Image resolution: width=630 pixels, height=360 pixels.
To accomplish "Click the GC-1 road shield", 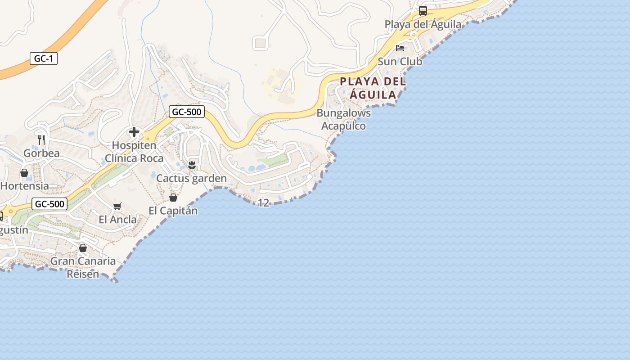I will pos(44,58).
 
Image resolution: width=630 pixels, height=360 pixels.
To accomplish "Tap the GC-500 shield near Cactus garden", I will pos(187,112).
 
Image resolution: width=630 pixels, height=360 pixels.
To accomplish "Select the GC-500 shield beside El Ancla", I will pos(49,204).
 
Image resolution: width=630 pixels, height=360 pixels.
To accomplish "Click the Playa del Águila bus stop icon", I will pos(423,11).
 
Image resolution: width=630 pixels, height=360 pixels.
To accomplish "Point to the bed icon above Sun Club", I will pos(400,48).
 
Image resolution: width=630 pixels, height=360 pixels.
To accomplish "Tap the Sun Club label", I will pos(400,61).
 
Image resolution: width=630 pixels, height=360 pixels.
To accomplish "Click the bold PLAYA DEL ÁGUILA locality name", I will pos(373,88).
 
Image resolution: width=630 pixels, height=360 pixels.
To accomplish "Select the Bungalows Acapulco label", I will pos(344,119).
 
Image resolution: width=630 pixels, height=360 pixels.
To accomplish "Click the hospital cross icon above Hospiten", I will pos(134,132).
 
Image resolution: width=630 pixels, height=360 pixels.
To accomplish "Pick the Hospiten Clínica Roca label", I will pos(134,152).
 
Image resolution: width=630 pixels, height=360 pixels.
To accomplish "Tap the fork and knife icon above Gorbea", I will pos(41,140).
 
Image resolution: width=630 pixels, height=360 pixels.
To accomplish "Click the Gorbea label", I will pos(41,153).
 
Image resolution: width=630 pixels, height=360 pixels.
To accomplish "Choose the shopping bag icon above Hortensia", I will pos(24,173).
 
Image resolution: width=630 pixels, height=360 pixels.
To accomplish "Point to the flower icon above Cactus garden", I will pos(192,165).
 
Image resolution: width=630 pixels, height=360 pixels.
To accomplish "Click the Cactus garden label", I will pos(191,178).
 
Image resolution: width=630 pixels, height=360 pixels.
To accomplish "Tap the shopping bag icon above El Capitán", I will pos(173,198).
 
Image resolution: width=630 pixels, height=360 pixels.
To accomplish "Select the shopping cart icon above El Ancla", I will pos(117,207).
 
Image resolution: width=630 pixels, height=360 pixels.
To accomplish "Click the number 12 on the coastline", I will pos(263,203).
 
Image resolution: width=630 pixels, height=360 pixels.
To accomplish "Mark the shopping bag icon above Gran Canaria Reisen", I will pos(83,248).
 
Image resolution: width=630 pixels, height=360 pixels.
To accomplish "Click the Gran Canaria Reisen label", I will pos(83,267).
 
